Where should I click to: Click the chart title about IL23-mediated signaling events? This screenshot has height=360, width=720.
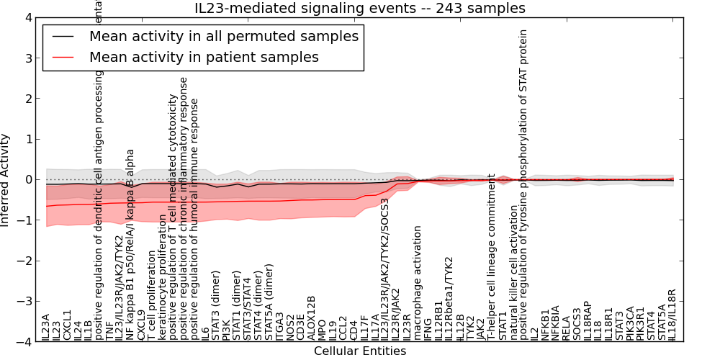(x=360, y=9)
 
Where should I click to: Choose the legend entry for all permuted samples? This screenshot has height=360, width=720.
(x=223, y=36)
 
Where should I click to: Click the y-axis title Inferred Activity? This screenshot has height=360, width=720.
(x=6, y=180)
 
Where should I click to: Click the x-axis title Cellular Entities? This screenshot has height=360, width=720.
(x=360, y=351)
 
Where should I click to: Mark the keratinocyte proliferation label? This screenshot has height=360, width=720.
(x=162, y=280)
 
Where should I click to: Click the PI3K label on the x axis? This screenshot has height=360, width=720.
(x=226, y=329)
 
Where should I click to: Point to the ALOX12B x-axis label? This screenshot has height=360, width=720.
(x=311, y=318)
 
